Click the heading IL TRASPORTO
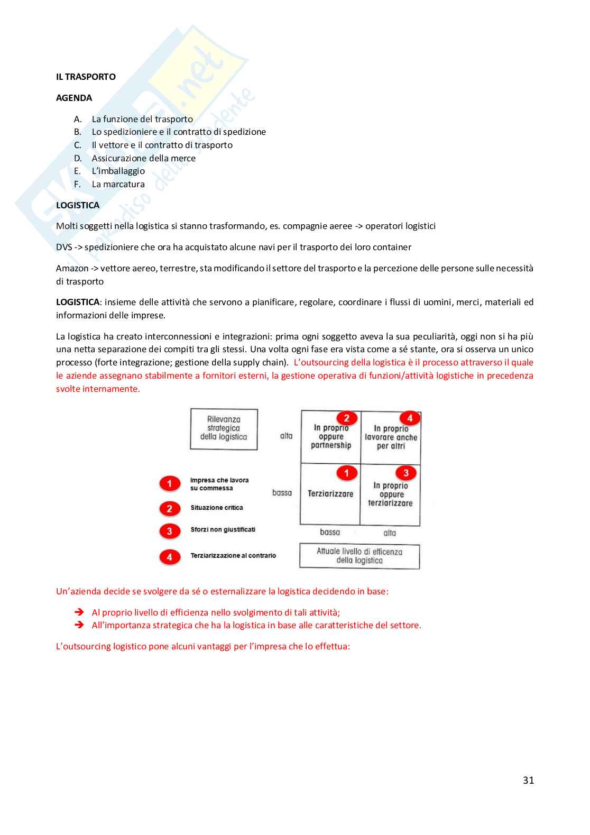click(x=86, y=77)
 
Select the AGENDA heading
click(x=74, y=98)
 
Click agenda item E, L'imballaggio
click(x=118, y=171)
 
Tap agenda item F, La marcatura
click(x=118, y=184)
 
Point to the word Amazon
click(x=72, y=268)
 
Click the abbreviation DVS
click(x=64, y=247)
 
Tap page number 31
click(x=528, y=780)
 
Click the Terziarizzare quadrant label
click(x=330, y=494)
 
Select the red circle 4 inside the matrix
click(x=410, y=418)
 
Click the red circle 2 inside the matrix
click(x=347, y=418)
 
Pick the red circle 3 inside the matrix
click(x=406, y=473)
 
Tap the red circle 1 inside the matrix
click(x=347, y=473)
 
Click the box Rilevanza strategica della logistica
click(x=224, y=428)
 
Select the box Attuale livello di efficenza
click(x=359, y=556)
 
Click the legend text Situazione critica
click(x=217, y=508)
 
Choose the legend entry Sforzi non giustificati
click(x=223, y=529)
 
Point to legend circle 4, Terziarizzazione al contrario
click(x=170, y=557)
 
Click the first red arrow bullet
click(x=79, y=612)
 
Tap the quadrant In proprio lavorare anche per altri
click(x=391, y=437)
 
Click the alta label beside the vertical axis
click(x=286, y=436)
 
